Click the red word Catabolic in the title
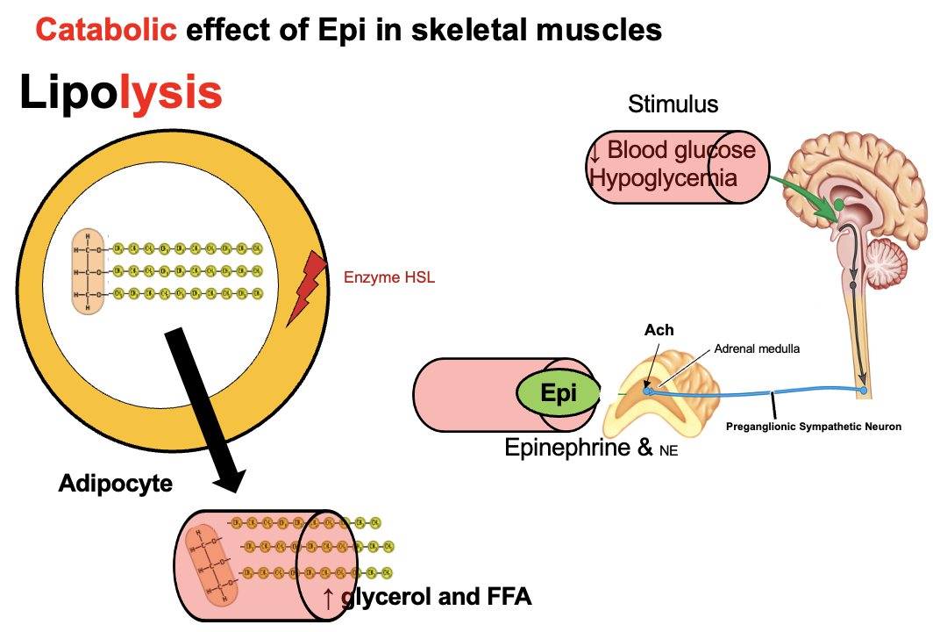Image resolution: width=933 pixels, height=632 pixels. tap(105, 31)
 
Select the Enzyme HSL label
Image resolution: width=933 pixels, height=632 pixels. tap(389, 278)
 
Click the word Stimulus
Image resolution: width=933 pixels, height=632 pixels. tap(673, 104)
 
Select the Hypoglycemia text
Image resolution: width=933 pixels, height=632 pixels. tap(663, 177)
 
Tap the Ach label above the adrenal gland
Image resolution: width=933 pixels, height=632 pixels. tap(659, 330)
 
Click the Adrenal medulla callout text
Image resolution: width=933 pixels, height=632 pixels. tap(757, 348)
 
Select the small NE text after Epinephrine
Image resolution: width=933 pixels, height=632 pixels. tap(667, 451)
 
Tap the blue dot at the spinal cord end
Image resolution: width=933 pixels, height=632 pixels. tap(864, 389)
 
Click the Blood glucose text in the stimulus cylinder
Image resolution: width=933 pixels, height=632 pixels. tap(680, 150)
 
